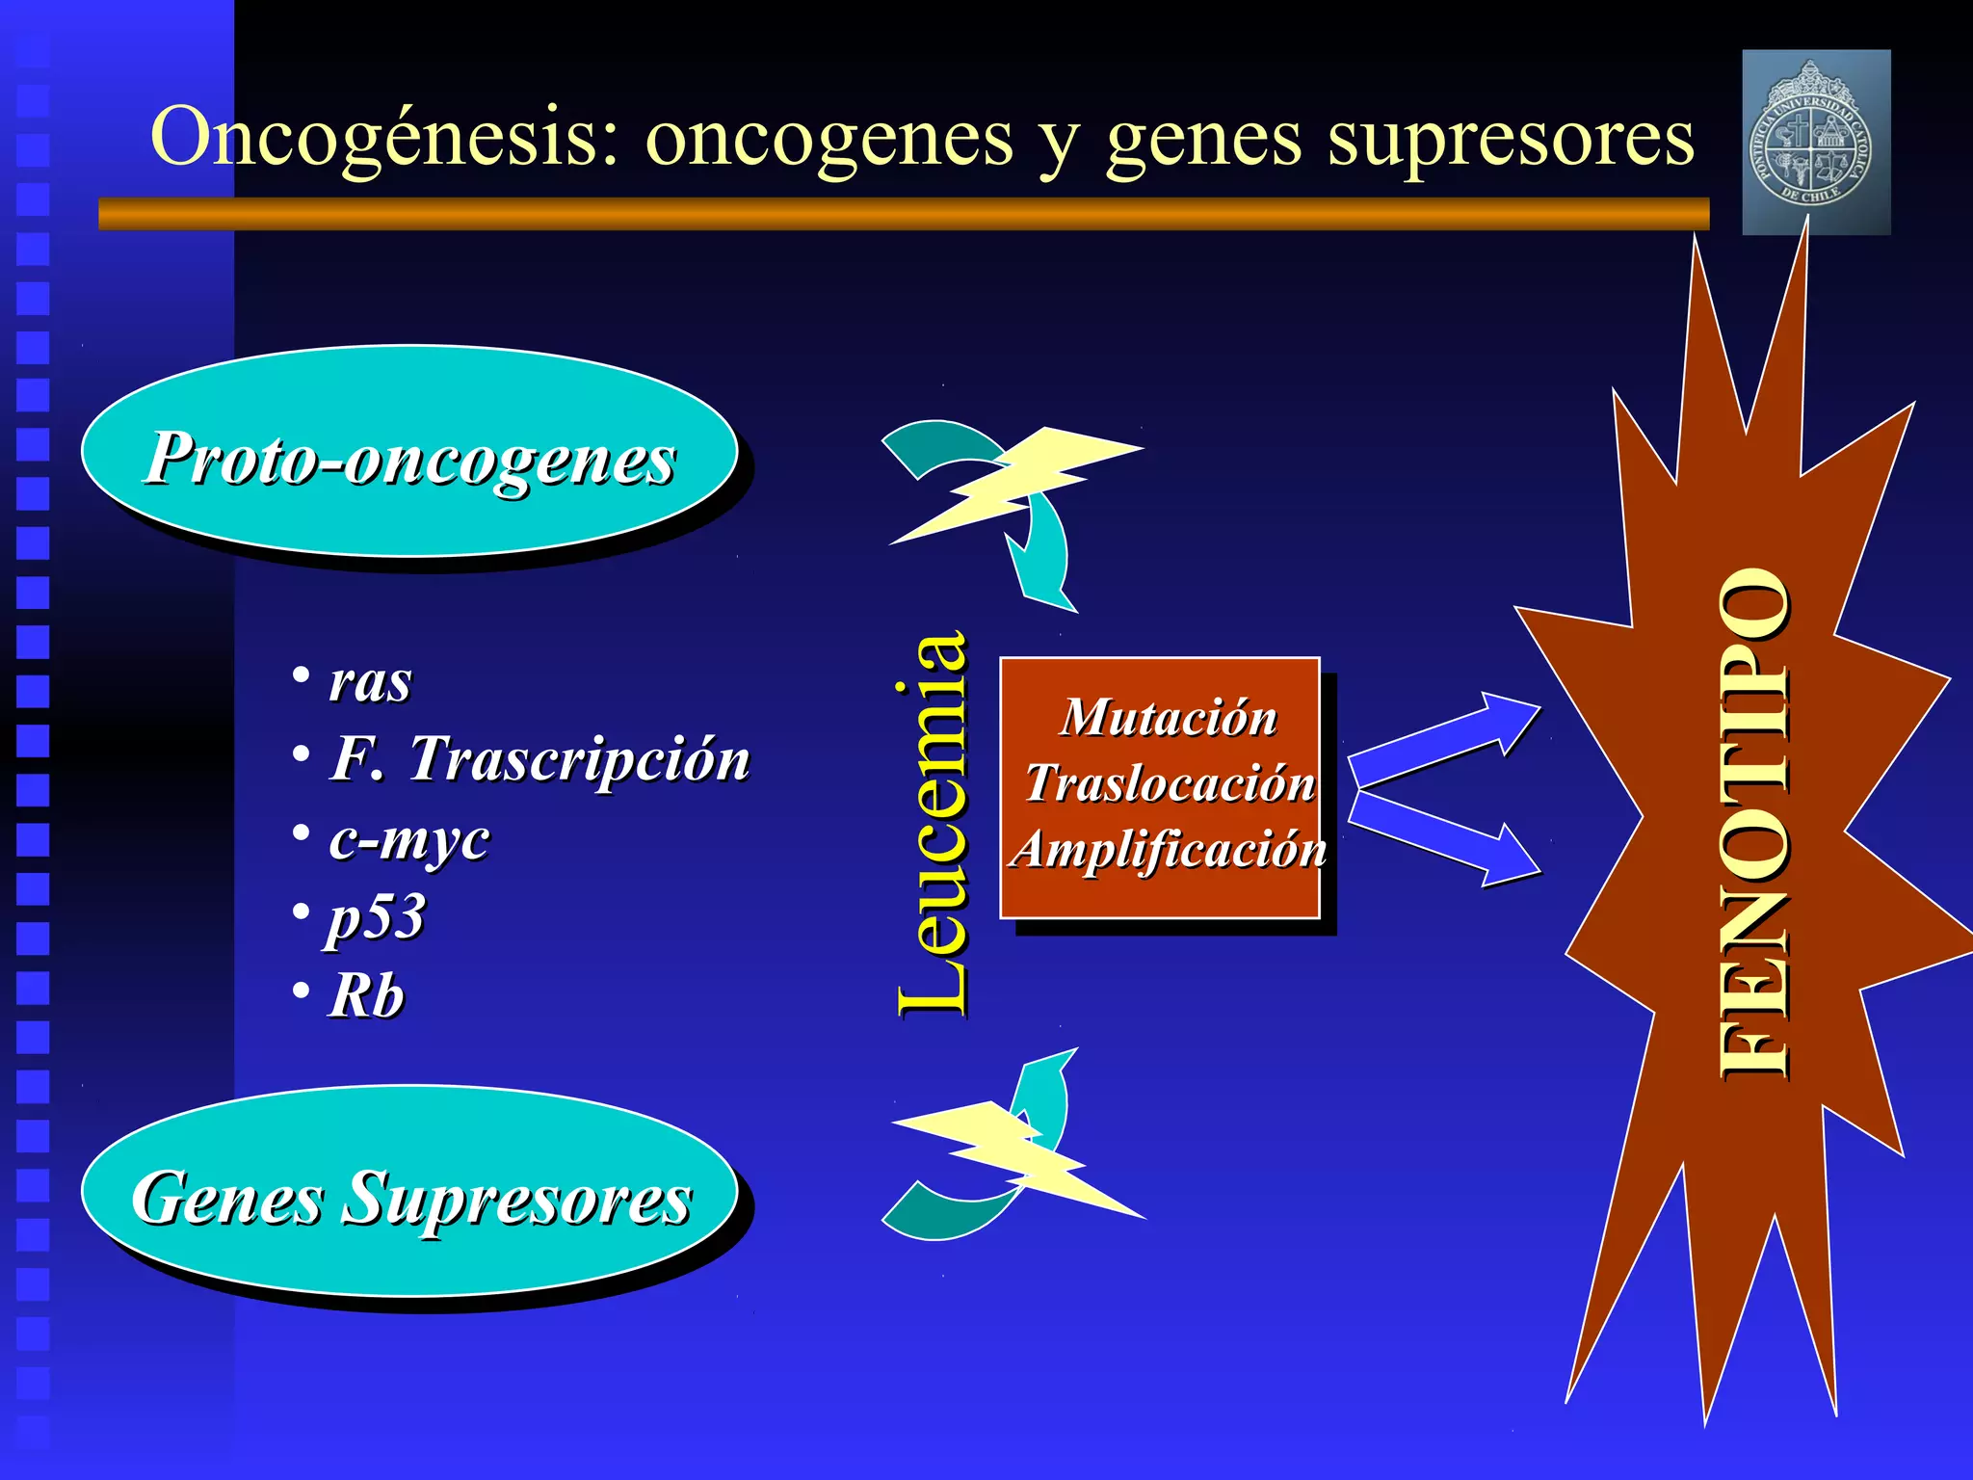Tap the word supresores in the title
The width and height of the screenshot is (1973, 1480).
click(x=1510, y=138)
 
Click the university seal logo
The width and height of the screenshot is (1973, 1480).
click(x=1816, y=143)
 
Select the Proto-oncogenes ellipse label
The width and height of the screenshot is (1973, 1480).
click(x=410, y=459)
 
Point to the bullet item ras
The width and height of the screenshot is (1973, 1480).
click(x=370, y=682)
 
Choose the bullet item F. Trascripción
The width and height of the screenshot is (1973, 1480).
click(x=539, y=759)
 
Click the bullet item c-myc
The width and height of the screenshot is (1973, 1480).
click(x=408, y=838)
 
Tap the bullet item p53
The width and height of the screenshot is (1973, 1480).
click(x=376, y=917)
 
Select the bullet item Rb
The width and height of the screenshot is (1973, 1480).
click(x=366, y=995)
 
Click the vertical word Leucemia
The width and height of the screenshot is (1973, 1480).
click(x=931, y=824)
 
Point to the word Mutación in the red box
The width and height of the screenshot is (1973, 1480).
click(x=1169, y=718)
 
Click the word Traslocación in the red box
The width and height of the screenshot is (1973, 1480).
click(x=1170, y=782)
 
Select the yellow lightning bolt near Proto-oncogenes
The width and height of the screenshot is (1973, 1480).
click(x=1016, y=482)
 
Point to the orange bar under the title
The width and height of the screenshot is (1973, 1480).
click(x=904, y=214)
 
